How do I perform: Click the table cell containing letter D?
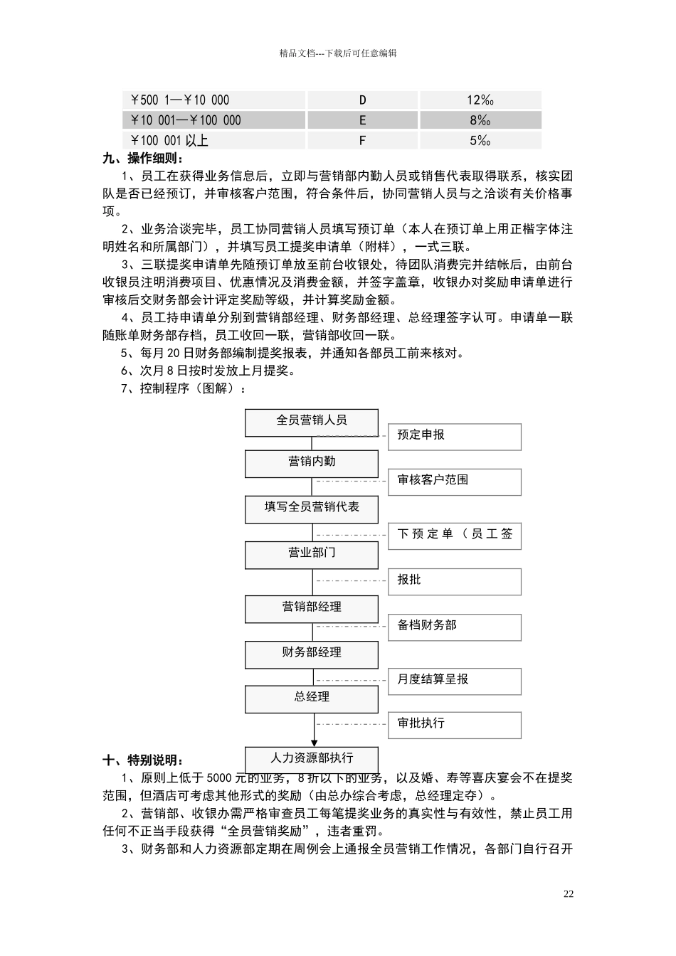click(x=362, y=100)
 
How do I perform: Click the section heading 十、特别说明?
click(x=142, y=760)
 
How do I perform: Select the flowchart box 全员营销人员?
click(x=312, y=423)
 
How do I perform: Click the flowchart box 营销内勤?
click(x=312, y=464)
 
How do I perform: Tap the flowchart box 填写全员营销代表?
click(x=312, y=509)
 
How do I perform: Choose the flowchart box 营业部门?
click(x=312, y=555)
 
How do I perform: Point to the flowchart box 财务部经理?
click(x=312, y=654)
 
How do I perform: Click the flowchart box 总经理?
click(x=312, y=699)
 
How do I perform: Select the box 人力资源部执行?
click(x=312, y=758)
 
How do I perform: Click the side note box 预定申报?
click(x=454, y=437)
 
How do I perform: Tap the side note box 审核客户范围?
click(x=454, y=482)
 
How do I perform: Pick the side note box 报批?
click(x=454, y=582)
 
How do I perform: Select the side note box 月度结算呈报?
click(x=454, y=681)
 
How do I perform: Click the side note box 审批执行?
click(x=454, y=725)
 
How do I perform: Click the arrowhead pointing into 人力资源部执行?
click(x=314, y=743)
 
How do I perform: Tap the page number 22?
click(x=568, y=894)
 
